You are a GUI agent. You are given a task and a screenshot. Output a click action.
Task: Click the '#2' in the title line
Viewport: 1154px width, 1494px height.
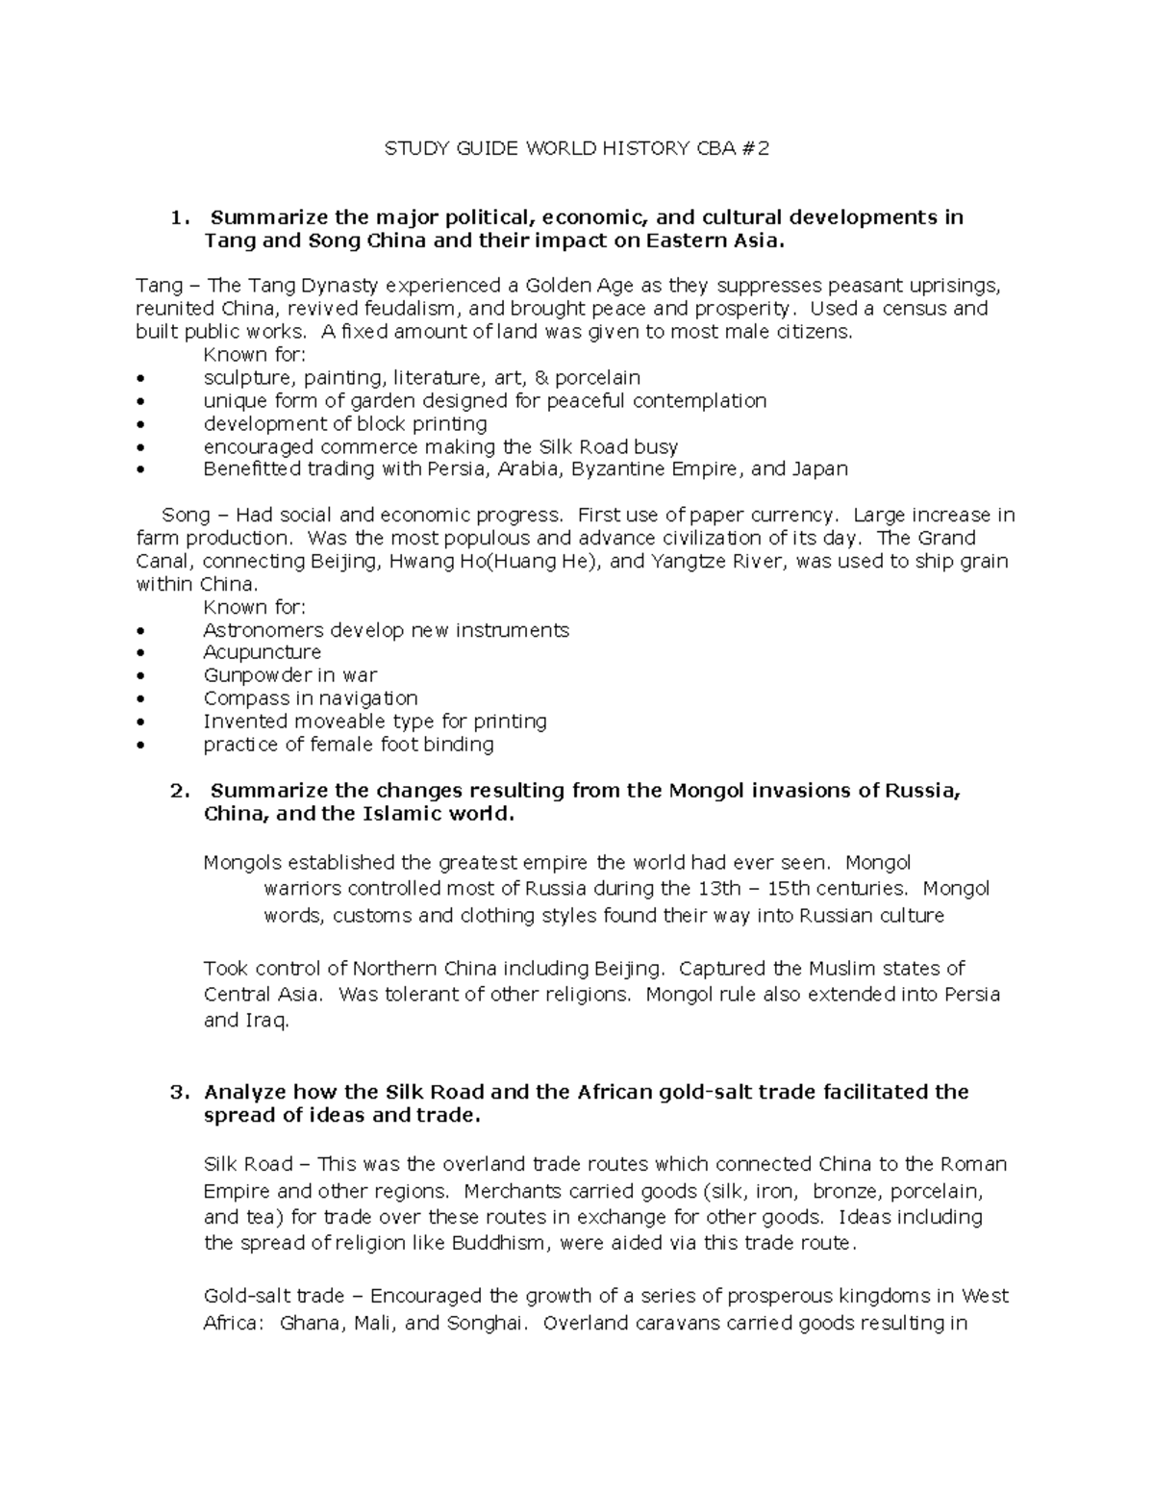coord(758,148)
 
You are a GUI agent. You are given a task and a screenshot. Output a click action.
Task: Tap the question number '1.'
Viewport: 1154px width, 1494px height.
coord(177,217)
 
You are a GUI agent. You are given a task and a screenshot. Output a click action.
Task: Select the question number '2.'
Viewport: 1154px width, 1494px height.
coord(179,791)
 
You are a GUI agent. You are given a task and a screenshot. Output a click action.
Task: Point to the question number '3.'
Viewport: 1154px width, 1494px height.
coord(179,1092)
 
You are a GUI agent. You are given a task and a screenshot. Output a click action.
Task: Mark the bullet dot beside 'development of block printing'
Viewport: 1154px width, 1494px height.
coord(142,424)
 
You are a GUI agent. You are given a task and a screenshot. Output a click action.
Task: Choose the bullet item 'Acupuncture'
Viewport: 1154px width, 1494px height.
coord(262,652)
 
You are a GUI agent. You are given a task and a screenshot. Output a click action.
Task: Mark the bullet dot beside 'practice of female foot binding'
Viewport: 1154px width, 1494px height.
coord(142,745)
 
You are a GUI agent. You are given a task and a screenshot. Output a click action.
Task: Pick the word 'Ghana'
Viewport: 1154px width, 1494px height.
coord(310,1323)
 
